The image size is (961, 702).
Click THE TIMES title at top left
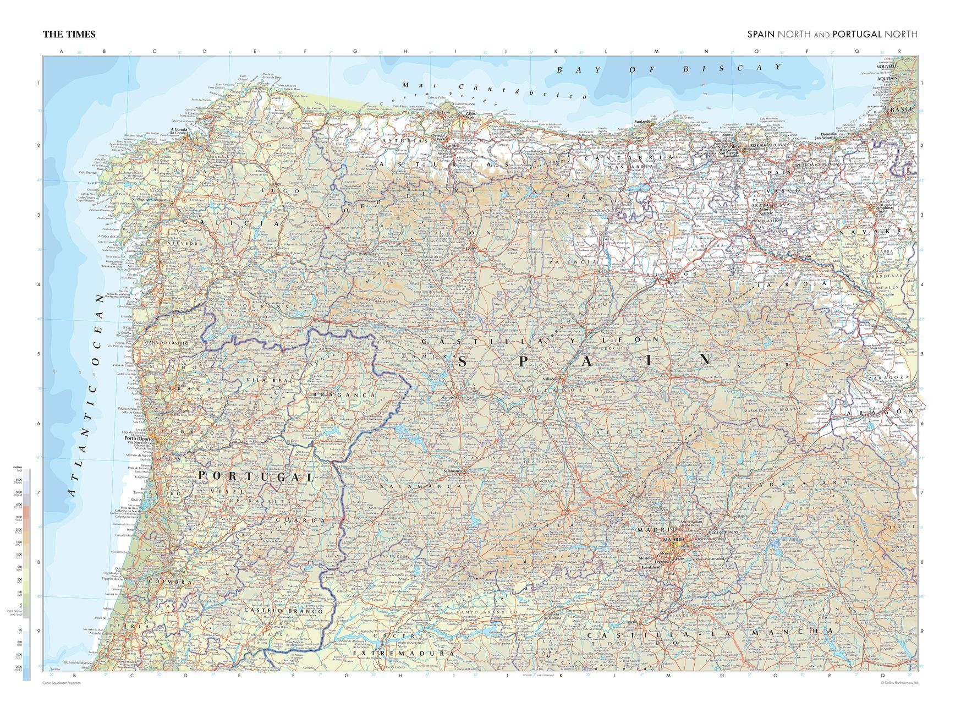point(69,34)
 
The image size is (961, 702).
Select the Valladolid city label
point(551,380)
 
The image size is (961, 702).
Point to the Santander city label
point(643,122)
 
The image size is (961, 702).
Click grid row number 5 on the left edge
point(39,354)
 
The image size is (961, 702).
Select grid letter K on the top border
point(555,51)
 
